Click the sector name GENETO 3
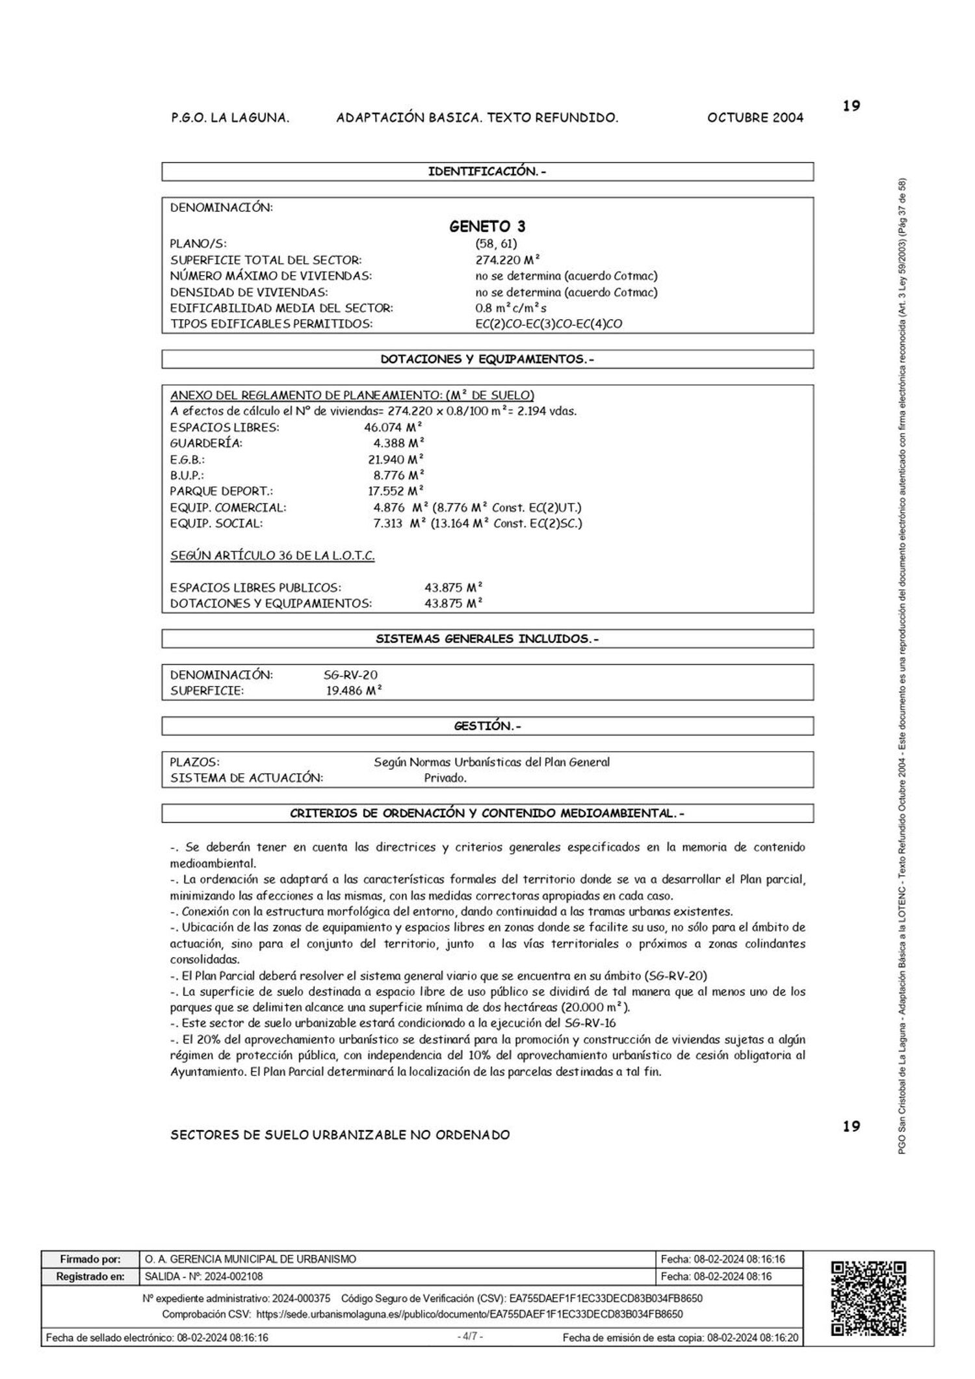click(487, 226)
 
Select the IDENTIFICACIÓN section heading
click(487, 172)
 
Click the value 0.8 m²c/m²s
click(511, 308)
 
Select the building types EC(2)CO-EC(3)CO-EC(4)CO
click(549, 324)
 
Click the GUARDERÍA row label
click(206, 443)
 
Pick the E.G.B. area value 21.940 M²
click(396, 460)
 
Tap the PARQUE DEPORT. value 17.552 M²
click(396, 492)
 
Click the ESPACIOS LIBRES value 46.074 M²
click(393, 428)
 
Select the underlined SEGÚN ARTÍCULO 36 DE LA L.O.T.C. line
click(272, 556)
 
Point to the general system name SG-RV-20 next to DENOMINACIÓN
click(351, 675)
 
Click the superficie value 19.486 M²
click(354, 691)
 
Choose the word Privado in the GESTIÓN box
click(445, 778)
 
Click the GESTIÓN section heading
click(487, 726)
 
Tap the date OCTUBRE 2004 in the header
click(755, 118)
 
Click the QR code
click(868, 1298)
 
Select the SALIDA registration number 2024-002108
click(204, 1276)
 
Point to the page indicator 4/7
click(470, 1337)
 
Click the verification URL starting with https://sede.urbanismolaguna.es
click(469, 1314)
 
